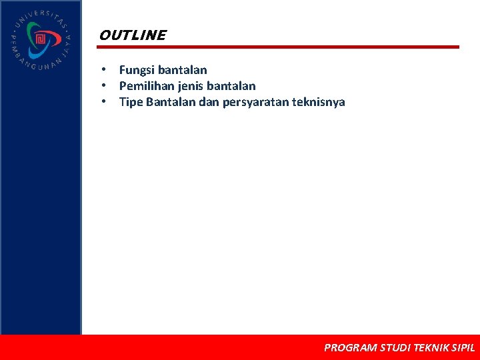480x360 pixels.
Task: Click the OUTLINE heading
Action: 132,35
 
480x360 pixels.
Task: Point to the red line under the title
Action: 279,47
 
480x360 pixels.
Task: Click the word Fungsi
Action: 137,70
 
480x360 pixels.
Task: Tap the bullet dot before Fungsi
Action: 105,70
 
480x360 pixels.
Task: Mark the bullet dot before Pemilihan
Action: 105,86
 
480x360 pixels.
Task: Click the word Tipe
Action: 131,102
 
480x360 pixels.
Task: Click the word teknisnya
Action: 319,102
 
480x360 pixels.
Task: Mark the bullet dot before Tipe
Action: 105,102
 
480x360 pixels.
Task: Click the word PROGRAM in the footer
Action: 350,347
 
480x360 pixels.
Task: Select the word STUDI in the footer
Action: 395,347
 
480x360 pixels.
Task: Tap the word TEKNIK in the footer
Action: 431,347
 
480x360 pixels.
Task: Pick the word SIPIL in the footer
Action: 463,347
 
